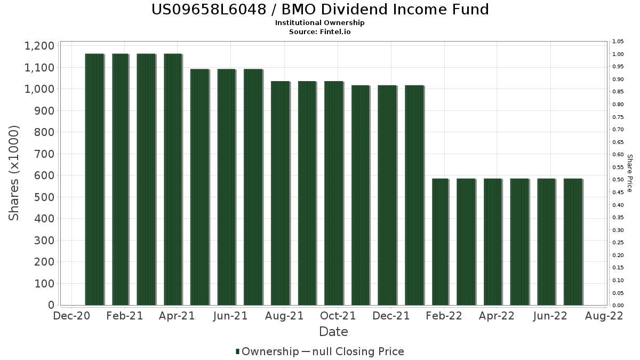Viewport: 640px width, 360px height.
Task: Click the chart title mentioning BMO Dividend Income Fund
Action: click(320, 10)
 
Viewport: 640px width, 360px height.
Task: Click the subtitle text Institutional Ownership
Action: click(320, 23)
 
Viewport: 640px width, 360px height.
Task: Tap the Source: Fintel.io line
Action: click(320, 31)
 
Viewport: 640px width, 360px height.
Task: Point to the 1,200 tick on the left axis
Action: click(39, 46)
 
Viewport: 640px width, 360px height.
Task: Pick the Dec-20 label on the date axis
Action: click(71, 316)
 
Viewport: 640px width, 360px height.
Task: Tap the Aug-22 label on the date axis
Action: click(605, 316)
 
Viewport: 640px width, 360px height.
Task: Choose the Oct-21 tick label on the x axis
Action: click(338, 316)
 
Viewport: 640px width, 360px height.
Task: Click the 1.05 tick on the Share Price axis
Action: click(618, 42)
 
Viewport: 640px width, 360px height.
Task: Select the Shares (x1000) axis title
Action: click(14, 173)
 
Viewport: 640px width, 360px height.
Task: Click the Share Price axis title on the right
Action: click(629, 173)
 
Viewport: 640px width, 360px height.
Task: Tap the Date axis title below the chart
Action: click(333, 332)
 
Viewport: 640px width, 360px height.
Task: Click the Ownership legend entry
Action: click(267, 351)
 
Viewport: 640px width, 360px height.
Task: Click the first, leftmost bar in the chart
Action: click(94, 179)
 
